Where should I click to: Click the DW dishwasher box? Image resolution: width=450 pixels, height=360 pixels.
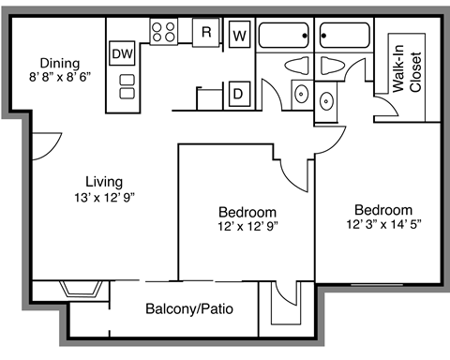(122, 53)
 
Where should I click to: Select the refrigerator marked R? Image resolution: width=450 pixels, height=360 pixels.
(206, 32)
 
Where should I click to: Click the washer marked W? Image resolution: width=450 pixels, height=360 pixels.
(239, 36)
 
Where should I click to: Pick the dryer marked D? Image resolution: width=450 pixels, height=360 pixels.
(239, 93)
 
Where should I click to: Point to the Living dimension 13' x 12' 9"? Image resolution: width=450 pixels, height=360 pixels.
(80, 197)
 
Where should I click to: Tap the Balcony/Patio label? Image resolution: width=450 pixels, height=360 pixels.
(189, 308)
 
